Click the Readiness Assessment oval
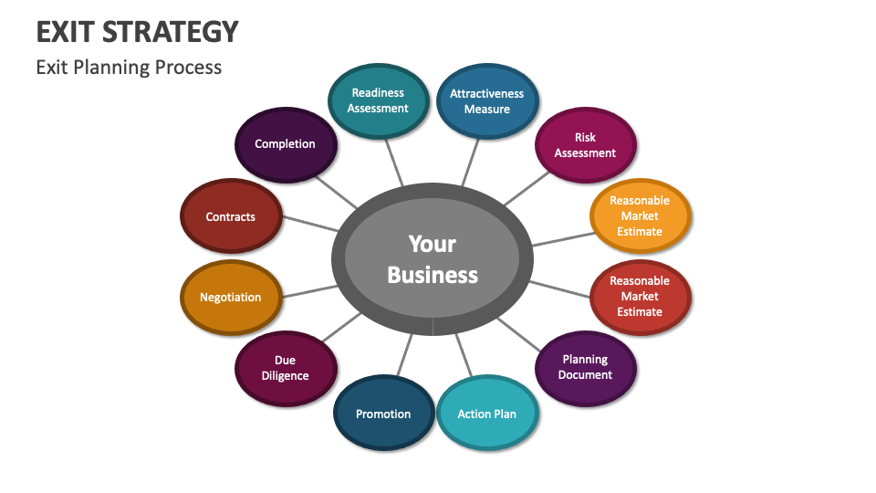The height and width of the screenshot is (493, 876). (378, 100)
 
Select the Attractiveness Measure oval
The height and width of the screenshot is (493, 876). (486, 101)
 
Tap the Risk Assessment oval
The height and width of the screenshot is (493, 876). (585, 145)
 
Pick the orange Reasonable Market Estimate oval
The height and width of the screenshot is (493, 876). (640, 216)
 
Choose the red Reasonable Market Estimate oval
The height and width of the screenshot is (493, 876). (640, 297)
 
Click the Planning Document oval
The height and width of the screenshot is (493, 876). (585, 367)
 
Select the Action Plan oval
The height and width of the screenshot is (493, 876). (486, 414)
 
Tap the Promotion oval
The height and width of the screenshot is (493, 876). (383, 414)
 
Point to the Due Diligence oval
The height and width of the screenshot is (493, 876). (286, 368)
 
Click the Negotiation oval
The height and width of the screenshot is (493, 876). (231, 298)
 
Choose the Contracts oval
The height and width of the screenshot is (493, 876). (231, 217)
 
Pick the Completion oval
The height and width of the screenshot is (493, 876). (286, 144)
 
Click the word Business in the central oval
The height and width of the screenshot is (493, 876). (433, 275)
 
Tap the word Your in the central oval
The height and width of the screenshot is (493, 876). (433, 244)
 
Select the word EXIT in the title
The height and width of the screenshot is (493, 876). (67, 31)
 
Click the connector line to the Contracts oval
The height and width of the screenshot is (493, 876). (311, 224)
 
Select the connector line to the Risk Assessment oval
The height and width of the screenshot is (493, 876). (525, 190)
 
